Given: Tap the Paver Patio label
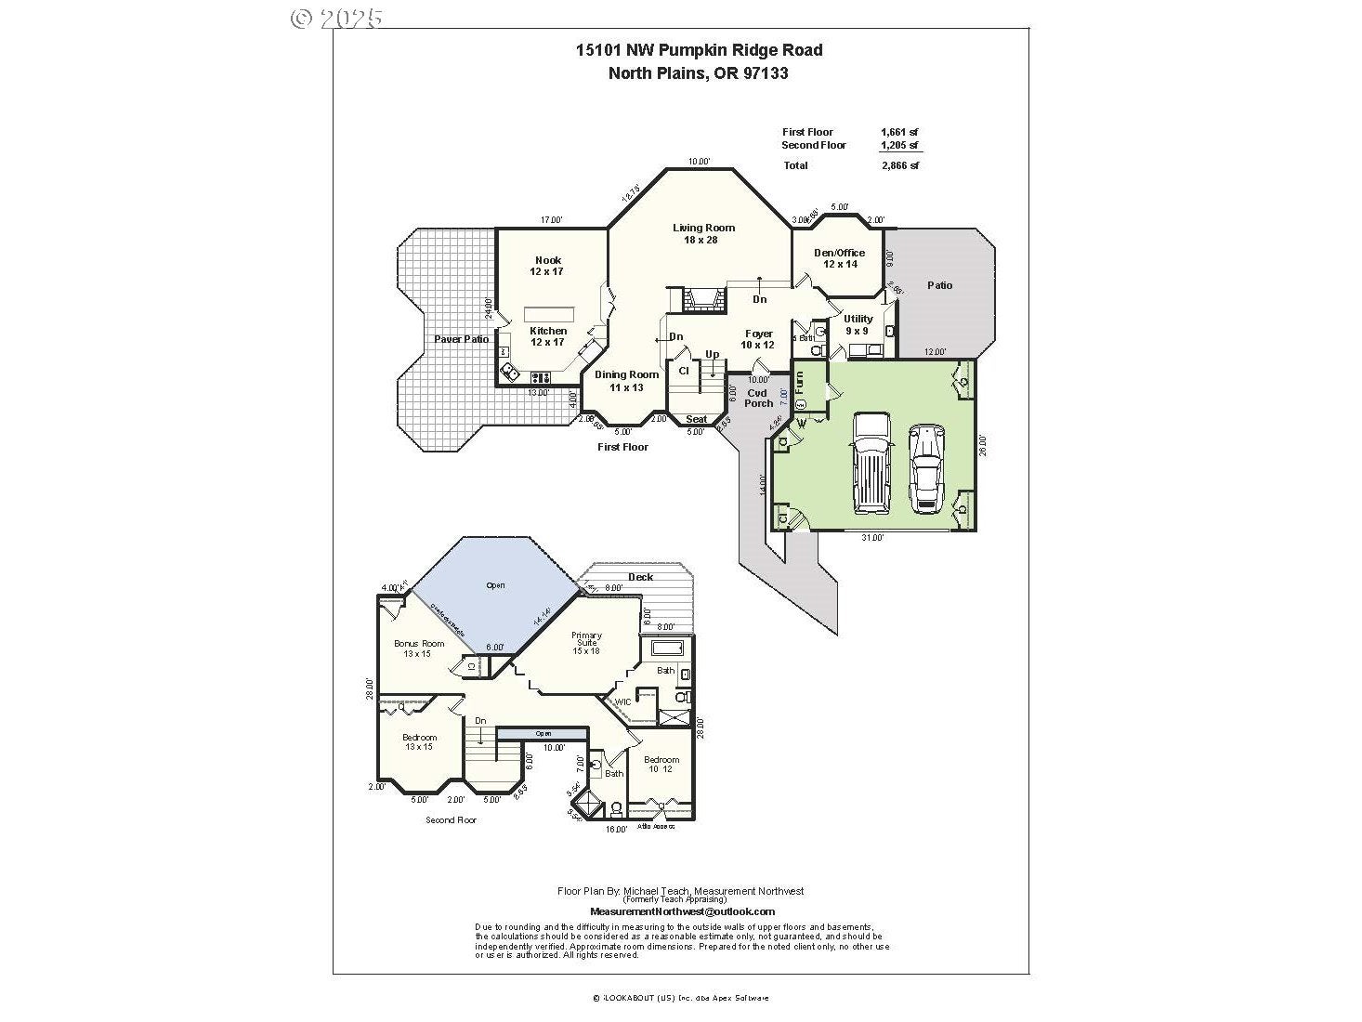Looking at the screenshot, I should [x=461, y=339].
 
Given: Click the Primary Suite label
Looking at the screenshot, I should [x=586, y=642].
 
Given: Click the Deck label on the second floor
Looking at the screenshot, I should [x=640, y=577].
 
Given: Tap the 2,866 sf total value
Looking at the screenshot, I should [x=899, y=166].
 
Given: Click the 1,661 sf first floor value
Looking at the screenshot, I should [x=899, y=132].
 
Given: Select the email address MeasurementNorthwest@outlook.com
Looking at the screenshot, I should [x=682, y=912].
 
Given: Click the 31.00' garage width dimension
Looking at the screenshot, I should [x=871, y=537].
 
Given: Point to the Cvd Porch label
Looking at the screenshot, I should [x=758, y=398].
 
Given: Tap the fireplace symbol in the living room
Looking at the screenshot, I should [x=702, y=299].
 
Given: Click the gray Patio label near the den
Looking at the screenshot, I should [x=939, y=285].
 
